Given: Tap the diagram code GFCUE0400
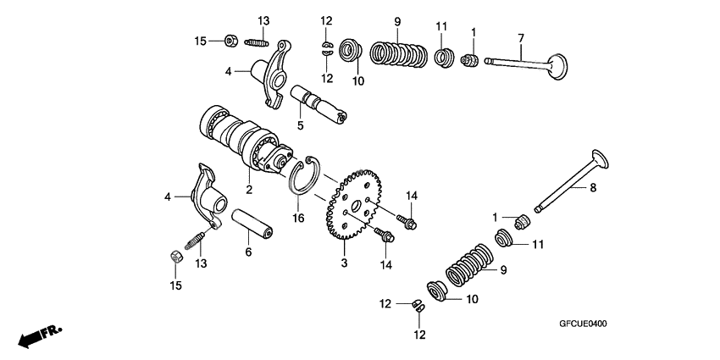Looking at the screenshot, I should tap(584, 324).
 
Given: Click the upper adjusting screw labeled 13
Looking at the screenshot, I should tap(257, 42).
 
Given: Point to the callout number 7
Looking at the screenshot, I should tap(521, 39).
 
